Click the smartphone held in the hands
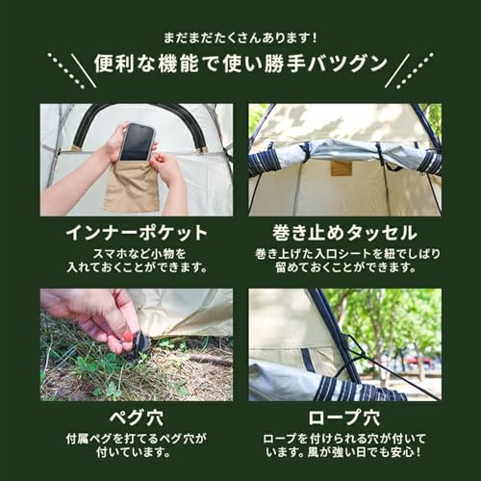coord(138,140)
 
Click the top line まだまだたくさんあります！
coord(240,38)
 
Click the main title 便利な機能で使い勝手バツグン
coord(240,67)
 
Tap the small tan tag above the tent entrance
coord(340,167)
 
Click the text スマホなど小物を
coord(136,253)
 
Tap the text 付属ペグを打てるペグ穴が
coord(136,439)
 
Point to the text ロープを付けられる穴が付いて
coord(344,439)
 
